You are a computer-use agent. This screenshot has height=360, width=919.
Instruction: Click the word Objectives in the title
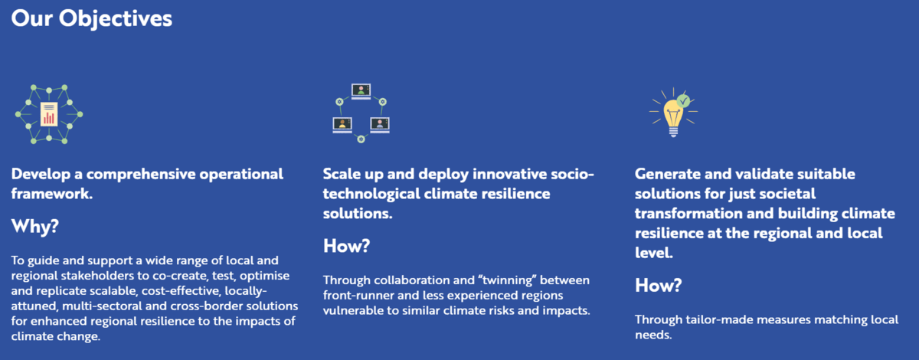pyautogui.click(x=116, y=19)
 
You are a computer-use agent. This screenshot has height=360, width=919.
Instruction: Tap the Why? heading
pyautogui.click(x=35, y=226)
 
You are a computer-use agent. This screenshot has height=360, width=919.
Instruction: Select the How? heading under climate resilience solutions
pyautogui.click(x=346, y=246)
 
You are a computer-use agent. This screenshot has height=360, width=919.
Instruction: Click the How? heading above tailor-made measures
pyautogui.click(x=658, y=285)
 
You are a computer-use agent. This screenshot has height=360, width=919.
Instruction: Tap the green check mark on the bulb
pyautogui.click(x=683, y=100)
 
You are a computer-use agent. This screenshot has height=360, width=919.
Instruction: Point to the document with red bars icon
pyautogui.click(x=49, y=114)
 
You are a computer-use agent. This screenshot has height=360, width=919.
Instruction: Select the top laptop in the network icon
pyautogui.click(x=361, y=91)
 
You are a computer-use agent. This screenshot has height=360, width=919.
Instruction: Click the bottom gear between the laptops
pyautogui.click(x=361, y=139)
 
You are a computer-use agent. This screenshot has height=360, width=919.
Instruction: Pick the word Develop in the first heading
pyautogui.click(x=41, y=175)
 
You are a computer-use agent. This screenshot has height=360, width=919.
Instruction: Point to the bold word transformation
pyautogui.click(x=688, y=214)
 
